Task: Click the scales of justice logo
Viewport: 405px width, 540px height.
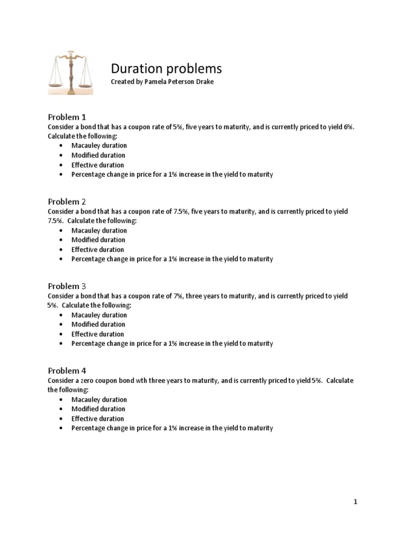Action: [x=71, y=73]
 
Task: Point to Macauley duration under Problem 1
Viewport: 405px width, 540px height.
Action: [x=99, y=146]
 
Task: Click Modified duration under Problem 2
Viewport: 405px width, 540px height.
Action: [x=99, y=240]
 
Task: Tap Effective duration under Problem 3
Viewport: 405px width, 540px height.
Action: [x=98, y=334]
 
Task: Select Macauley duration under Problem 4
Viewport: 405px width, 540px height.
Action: [x=99, y=399]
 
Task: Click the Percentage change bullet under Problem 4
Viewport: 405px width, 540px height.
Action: [x=172, y=428]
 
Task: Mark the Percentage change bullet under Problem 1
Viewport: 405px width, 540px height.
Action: [x=172, y=175]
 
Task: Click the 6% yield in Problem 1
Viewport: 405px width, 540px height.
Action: [x=348, y=127]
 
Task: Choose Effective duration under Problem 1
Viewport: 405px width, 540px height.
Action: [x=98, y=165]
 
